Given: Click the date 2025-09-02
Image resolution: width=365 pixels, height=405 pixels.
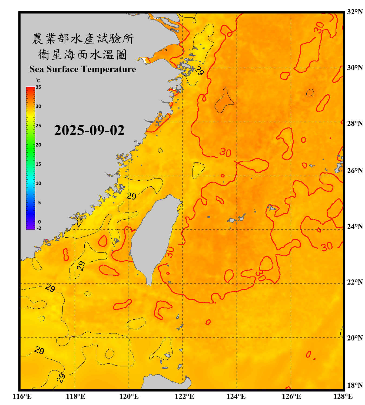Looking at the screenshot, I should [89, 130].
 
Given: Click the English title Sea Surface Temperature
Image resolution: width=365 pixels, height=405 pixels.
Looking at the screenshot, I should [83, 69].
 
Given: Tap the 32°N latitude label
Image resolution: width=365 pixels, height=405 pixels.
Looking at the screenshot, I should [355, 12].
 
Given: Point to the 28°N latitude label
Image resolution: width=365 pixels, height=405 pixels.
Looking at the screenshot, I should [355, 123].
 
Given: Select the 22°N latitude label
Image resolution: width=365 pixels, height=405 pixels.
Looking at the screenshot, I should [355, 282].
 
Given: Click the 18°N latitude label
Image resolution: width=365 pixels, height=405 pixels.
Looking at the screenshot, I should [355, 385].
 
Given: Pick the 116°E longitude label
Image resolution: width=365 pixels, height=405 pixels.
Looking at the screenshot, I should [22, 396].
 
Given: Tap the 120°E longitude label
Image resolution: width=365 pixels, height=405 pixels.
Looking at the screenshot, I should [129, 396].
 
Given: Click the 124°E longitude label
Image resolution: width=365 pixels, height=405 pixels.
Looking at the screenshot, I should [236, 396].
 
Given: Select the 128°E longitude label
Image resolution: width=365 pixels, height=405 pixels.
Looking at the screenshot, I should [343, 396].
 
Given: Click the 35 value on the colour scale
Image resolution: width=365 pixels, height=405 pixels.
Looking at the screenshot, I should [38, 87].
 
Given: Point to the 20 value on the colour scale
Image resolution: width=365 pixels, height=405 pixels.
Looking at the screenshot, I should [38, 145].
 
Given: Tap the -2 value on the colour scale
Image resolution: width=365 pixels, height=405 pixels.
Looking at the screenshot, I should [39, 228].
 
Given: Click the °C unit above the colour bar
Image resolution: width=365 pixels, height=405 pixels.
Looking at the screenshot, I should [38, 80].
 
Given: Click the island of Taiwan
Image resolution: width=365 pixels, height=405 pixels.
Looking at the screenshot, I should [153, 238].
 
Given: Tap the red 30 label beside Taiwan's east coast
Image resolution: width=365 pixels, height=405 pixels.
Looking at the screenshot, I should [170, 252].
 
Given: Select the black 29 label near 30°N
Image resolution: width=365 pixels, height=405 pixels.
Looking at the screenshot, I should [200, 71].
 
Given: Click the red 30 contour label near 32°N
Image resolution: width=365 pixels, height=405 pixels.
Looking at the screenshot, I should [319, 28].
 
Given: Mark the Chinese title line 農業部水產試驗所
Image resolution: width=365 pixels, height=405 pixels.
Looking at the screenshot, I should [83, 39].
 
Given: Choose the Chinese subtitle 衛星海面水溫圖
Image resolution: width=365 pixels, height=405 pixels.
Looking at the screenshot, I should [82, 55].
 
